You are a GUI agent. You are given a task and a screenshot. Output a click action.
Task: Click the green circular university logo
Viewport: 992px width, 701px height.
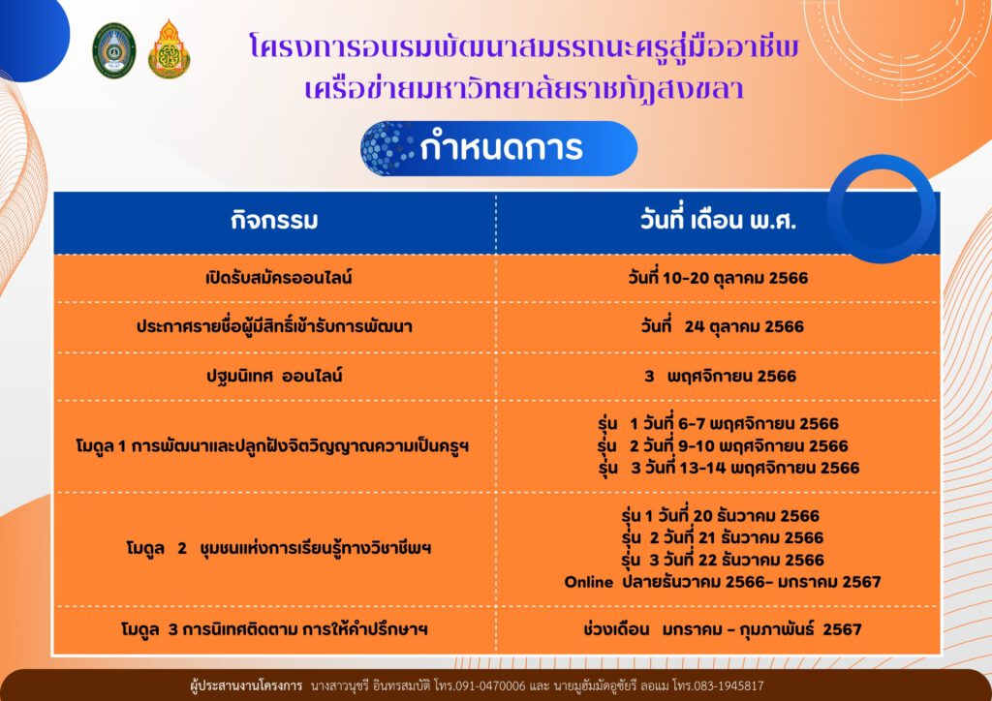(x=114, y=50)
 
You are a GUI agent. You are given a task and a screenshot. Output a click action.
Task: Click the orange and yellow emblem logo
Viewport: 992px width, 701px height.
(x=169, y=49)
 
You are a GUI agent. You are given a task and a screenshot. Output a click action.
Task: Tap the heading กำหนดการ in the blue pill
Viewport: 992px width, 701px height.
(x=501, y=148)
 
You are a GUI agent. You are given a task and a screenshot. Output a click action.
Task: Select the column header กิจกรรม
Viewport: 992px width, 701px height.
(x=274, y=221)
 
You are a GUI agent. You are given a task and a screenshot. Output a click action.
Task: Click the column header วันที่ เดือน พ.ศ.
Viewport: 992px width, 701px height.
(x=718, y=221)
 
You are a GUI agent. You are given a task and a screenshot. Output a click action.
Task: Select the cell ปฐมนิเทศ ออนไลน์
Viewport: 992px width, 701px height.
(x=274, y=376)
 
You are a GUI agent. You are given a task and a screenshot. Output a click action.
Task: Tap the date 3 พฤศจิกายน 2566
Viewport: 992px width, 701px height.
(x=720, y=376)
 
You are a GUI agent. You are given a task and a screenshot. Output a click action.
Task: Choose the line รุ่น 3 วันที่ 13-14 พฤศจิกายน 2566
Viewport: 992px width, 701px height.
(x=728, y=468)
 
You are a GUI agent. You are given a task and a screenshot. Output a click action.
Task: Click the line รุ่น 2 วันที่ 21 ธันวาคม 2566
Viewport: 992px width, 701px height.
(x=723, y=538)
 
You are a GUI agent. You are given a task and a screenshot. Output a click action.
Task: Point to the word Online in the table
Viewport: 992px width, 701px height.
(x=588, y=582)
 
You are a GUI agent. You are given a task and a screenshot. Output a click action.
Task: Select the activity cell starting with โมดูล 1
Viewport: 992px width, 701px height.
(x=272, y=447)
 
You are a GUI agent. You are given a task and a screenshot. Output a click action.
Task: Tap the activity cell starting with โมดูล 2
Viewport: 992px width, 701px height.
(x=278, y=548)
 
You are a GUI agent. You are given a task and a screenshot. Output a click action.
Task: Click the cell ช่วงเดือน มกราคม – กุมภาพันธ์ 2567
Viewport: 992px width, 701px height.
(x=722, y=629)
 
